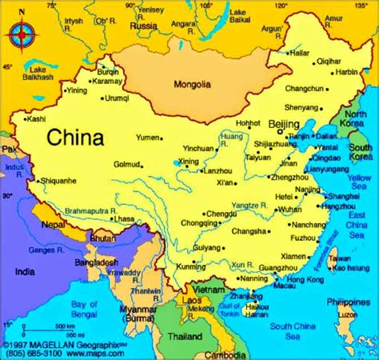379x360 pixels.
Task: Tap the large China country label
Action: click(x=75, y=138)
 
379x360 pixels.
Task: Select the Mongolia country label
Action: click(x=191, y=84)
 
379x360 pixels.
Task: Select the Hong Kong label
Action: click(x=305, y=279)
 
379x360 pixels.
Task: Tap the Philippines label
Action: click(x=352, y=304)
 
